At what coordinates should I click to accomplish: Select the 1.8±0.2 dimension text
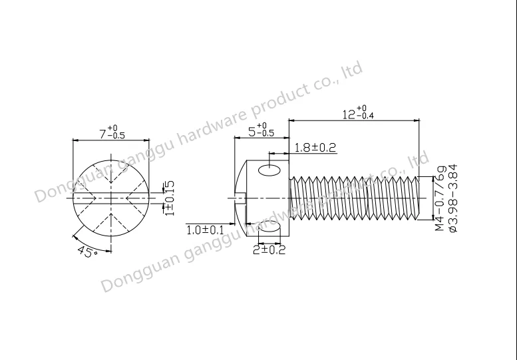pos(315,147)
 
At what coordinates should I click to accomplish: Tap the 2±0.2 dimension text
pos(269,250)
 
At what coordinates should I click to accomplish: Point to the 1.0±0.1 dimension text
pos(205,230)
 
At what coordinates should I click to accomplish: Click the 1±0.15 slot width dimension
pos(169,198)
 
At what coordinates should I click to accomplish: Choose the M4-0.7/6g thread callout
pos(440,198)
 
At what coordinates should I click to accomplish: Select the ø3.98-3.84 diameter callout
pos(452,198)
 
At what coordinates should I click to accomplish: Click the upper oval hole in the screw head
pos(269,170)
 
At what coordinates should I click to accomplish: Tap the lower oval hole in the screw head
pos(269,227)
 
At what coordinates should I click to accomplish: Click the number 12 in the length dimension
pos(349,114)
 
